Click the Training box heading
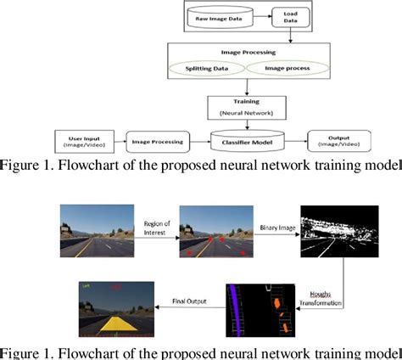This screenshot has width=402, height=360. (x=246, y=100)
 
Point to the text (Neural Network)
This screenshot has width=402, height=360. (x=246, y=111)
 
